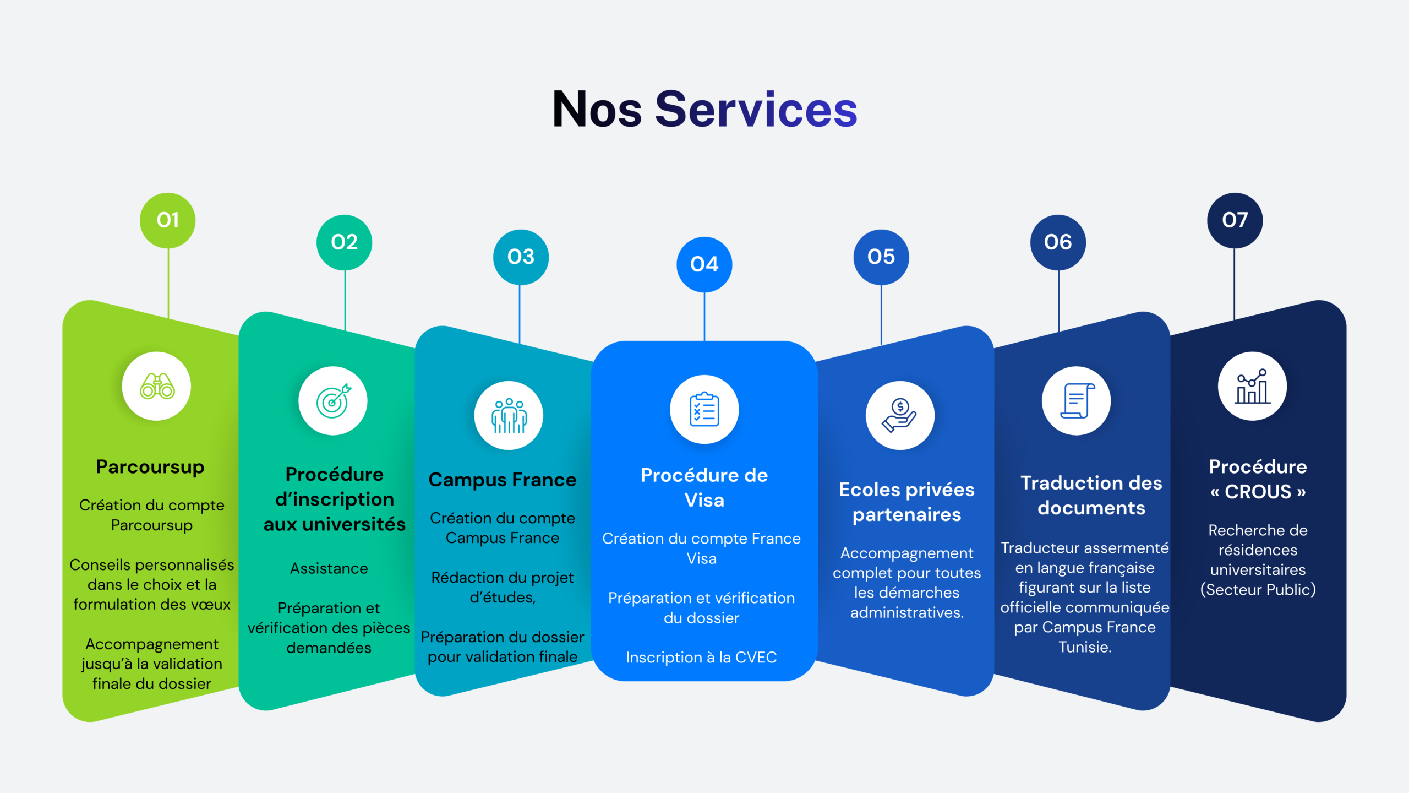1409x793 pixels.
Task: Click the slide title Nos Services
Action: pos(704,110)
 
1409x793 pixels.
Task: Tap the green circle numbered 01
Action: pos(168,220)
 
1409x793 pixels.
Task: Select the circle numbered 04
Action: pos(704,264)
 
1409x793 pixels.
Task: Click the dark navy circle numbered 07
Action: pos(1235,220)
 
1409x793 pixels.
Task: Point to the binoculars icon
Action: pos(157,387)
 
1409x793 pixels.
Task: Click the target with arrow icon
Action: pos(333,401)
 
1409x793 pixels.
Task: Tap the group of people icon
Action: pos(509,416)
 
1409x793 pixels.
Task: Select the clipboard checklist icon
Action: pos(704,410)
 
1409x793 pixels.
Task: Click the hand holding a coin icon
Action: pos(900,416)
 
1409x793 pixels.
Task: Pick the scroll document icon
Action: pos(1077,401)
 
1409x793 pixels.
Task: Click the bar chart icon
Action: pos(1253,387)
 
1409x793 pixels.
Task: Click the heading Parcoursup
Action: pos(150,467)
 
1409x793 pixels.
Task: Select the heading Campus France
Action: pos(503,480)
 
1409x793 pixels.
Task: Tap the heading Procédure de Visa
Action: pos(704,488)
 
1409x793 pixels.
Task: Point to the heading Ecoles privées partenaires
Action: pos(906,502)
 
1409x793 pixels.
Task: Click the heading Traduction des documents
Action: pos(1091,495)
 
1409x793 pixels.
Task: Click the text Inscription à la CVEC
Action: pos(701,658)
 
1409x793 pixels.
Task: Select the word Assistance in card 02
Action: pos(329,568)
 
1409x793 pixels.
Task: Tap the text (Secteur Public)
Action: pos(1258,590)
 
